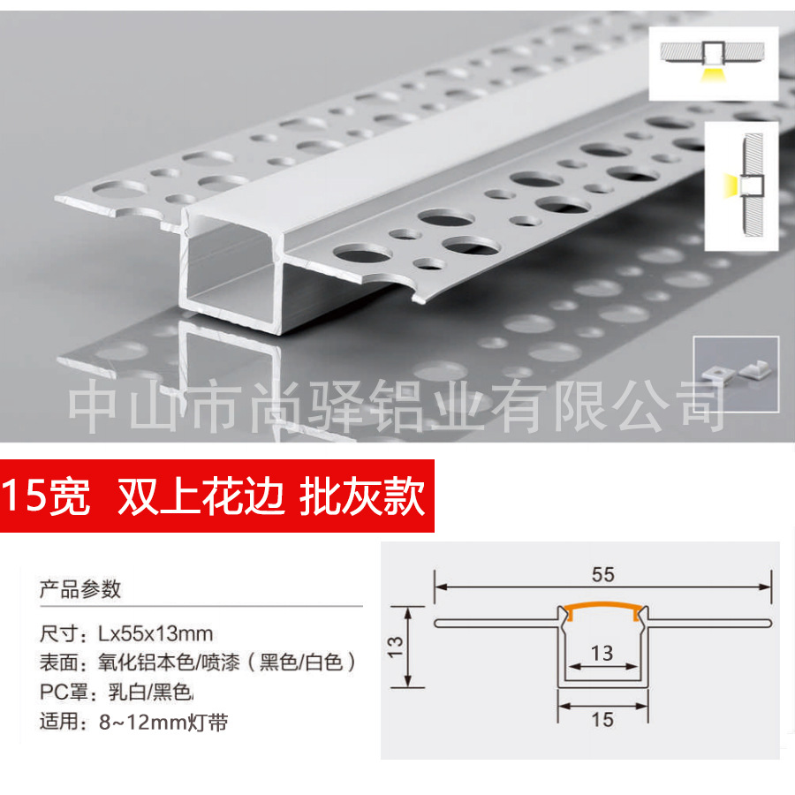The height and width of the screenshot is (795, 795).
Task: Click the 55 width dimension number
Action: (x=602, y=574)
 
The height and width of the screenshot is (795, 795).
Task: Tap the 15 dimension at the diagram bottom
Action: (x=602, y=720)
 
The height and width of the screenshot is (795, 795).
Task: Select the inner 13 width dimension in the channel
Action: (x=602, y=654)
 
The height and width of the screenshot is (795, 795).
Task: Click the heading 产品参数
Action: (x=80, y=589)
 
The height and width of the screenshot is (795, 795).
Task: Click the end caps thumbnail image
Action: (x=736, y=371)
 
